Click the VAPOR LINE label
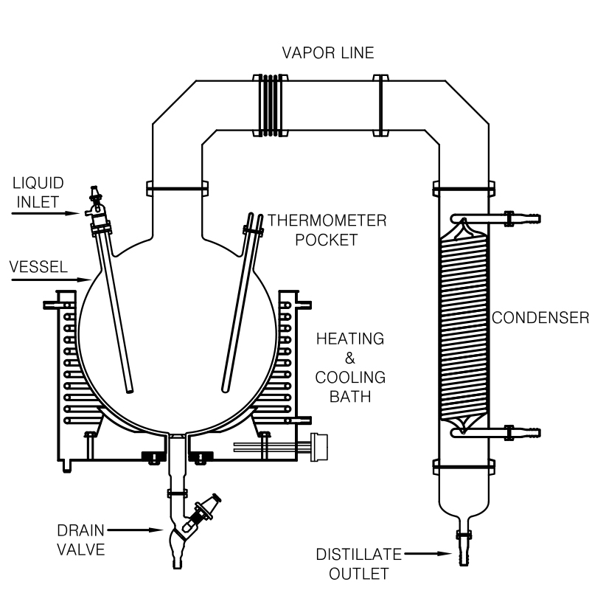pyautogui.click(x=328, y=53)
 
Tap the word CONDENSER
pyautogui.click(x=540, y=318)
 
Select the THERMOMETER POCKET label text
pyautogui.click(x=327, y=230)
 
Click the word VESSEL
pyautogui.click(x=38, y=267)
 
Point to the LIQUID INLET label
pyautogui.click(x=38, y=193)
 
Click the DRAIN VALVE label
pyautogui.click(x=81, y=540)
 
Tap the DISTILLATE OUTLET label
pyautogui.click(x=359, y=564)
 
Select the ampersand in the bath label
pyautogui.click(x=349, y=358)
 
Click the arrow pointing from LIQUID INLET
pyautogui.click(x=46, y=213)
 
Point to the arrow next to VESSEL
pyautogui.click(x=50, y=280)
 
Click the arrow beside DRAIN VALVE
pyautogui.click(x=135, y=530)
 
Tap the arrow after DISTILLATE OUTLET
pyautogui.click(x=428, y=554)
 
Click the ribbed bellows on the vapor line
pyautogui.click(x=270, y=105)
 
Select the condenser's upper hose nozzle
pyautogui.click(x=523, y=219)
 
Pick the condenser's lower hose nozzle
pyautogui.click(x=523, y=432)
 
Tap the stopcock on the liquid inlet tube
pyautogui.click(x=94, y=201)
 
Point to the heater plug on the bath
pyautogui.click(x=318, y=447)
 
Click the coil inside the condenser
pyautogui.click(x=464, y=326)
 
